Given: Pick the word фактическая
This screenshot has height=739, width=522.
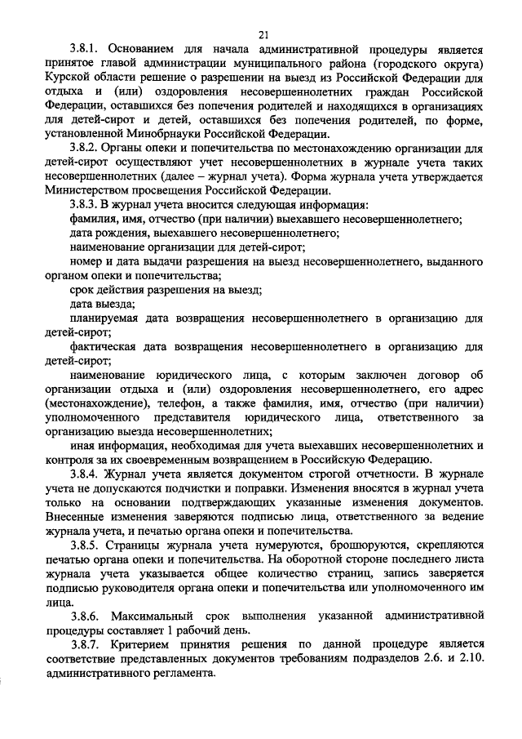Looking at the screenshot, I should [109, 348].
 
